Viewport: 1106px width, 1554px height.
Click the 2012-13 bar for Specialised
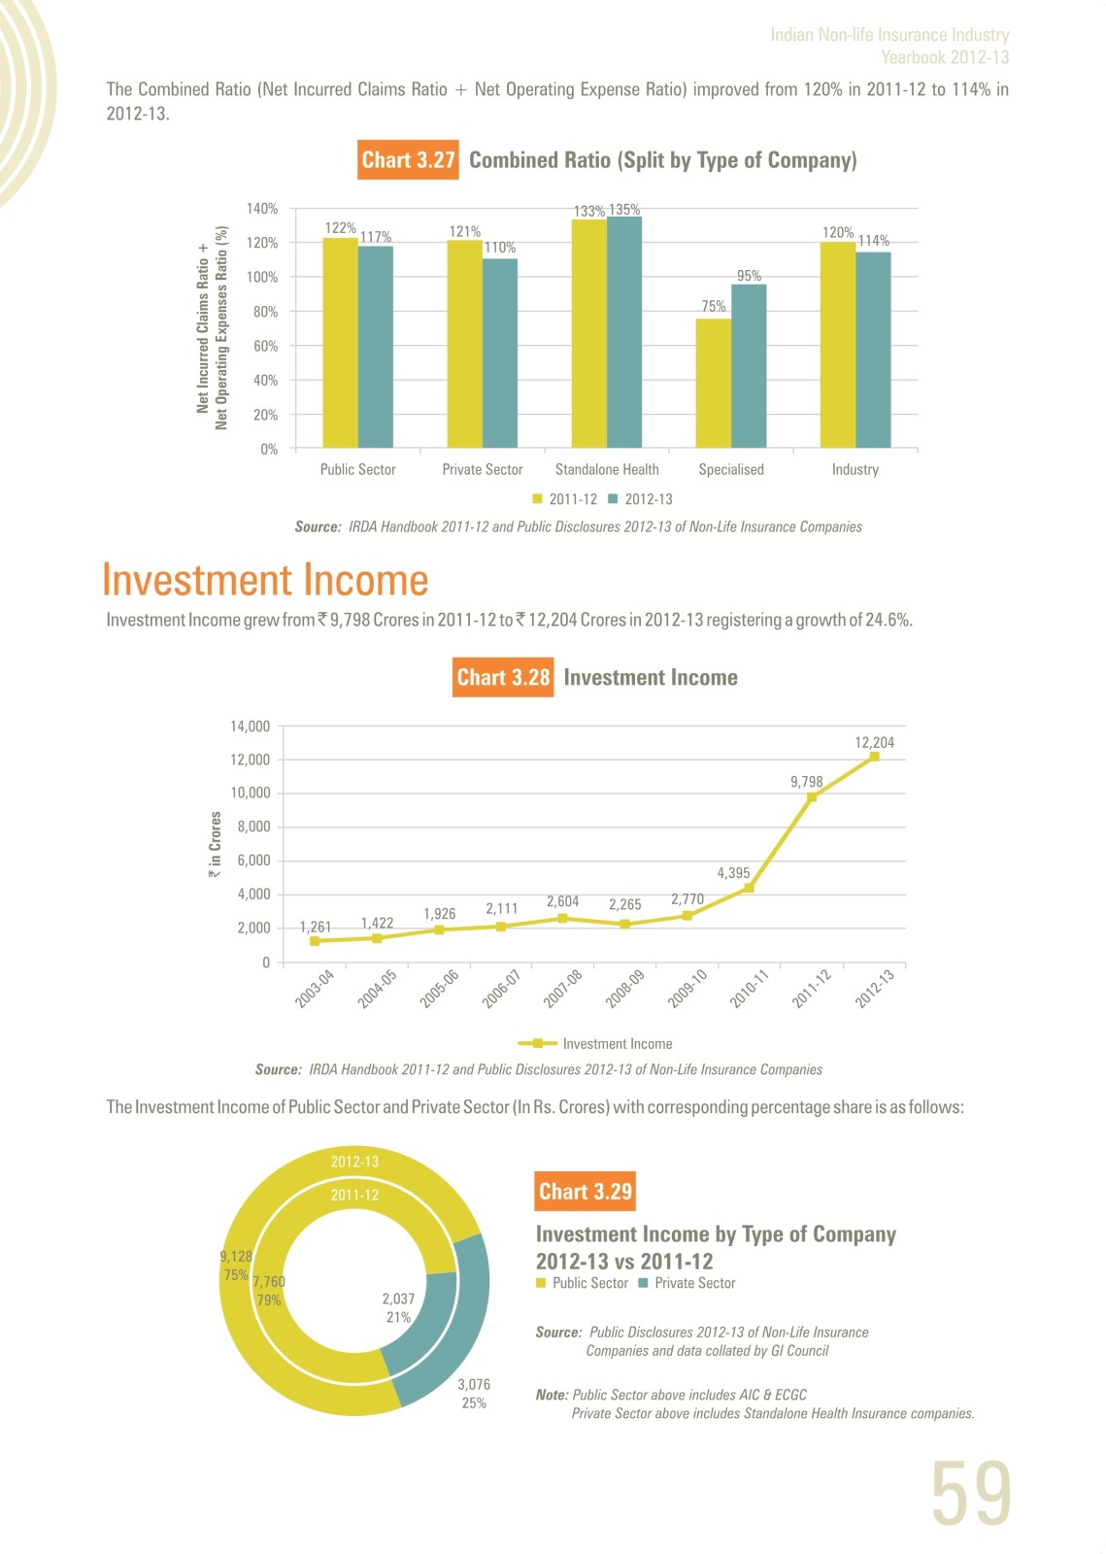[x=749, y=366]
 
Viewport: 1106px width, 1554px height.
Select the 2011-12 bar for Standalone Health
[x=589, y=334]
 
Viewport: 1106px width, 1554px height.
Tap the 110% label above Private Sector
[x=500, y=248]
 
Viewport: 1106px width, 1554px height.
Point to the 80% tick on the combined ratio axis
[x=265, y=312]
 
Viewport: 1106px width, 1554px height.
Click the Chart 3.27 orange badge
[x=408, y=160]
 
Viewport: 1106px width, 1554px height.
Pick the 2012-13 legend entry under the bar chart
[x=640, y=499]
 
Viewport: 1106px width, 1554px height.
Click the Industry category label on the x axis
[x=855, y=470]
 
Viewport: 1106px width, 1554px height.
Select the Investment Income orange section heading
[x=265, y=579]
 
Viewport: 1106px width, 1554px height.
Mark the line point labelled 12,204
[x=874, y=757]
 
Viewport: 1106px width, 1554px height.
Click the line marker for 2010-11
[x=749, y=888]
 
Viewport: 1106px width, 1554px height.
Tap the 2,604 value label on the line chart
[x=562, y=901]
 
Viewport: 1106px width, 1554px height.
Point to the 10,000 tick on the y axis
[x=251, y=793]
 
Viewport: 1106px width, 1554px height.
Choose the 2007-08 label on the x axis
[x=562, y=989]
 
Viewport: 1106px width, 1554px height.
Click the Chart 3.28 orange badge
[x=503, y=677]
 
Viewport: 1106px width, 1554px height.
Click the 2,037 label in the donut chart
[x=398, y=1299]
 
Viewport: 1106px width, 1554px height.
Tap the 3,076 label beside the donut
[x=474, y=1385]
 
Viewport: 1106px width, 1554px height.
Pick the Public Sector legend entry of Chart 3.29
[x=582, y=1283]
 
